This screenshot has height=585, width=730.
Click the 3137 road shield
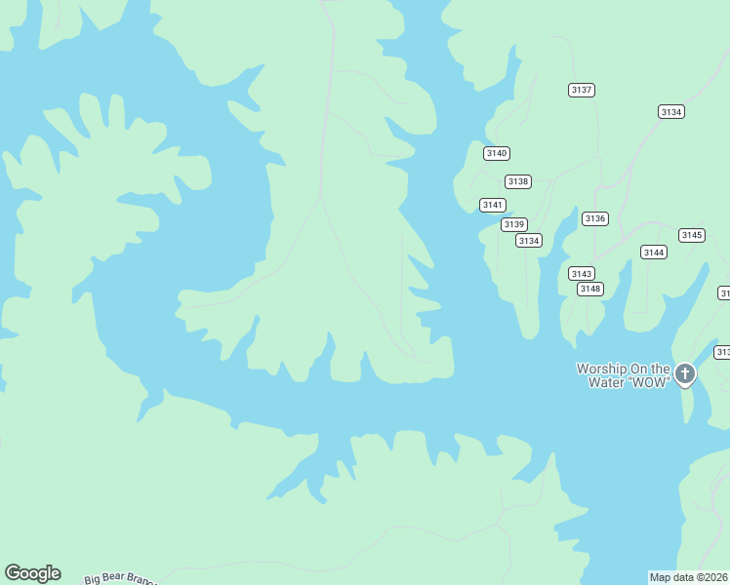point(582,90)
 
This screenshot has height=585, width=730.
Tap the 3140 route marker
point(497,153)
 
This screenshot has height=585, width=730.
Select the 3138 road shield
point(518,181)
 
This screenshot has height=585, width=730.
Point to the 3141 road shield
point(493,205)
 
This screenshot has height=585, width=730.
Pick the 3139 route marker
point(514,224)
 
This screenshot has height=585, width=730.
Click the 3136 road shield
point(595,218)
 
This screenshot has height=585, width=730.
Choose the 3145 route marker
point(692,235)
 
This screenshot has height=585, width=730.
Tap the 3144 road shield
point(654,253)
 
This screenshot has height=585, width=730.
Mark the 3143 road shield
point(582,273)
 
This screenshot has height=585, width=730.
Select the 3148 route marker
point(590,289)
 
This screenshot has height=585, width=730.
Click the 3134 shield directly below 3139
point(529,241)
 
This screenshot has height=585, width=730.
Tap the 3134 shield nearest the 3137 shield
point(671,112)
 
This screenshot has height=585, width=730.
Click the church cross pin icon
point(686,373)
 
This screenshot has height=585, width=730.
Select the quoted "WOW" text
point(651,382)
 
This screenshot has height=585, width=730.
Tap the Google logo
point(32,573)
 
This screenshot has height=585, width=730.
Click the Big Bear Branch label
point(120,579)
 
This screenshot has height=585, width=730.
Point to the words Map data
point(672,577)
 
